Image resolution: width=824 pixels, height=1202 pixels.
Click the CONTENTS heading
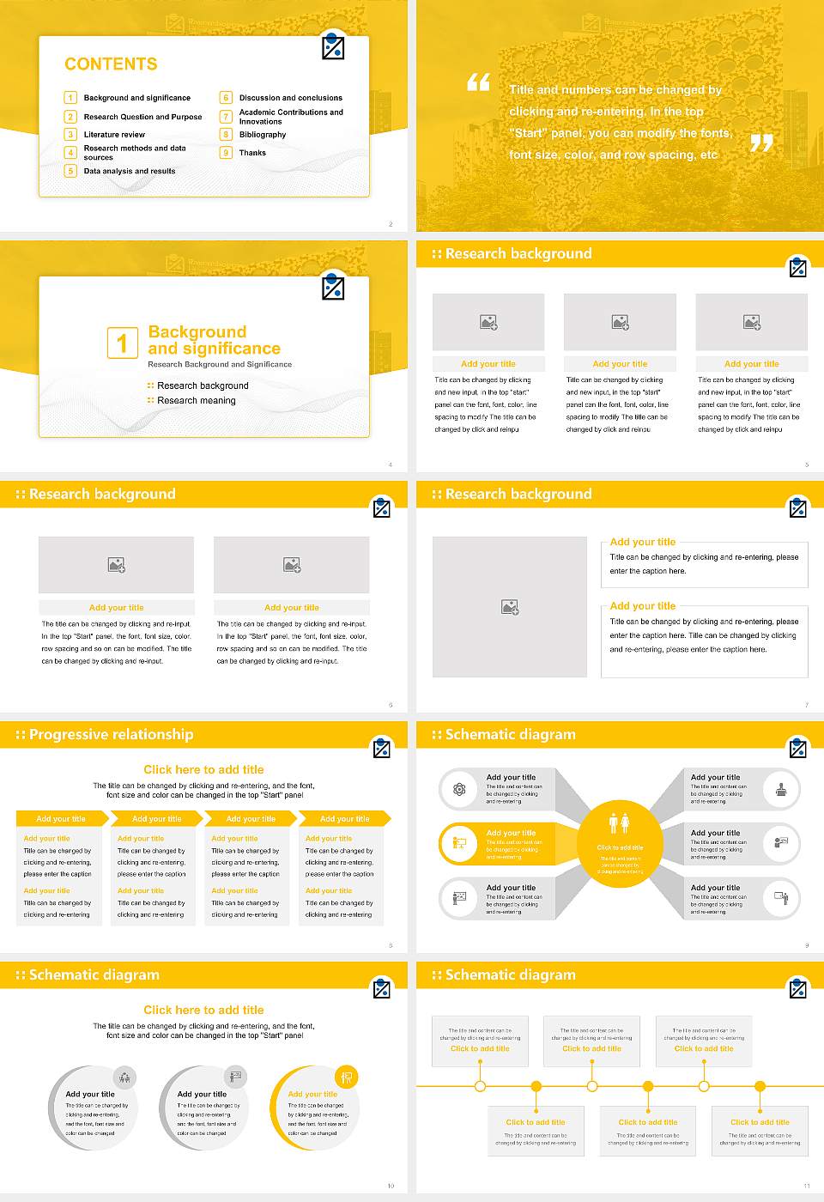[x=111, y=64]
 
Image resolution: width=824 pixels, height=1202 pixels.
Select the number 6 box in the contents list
[x=226, y=98]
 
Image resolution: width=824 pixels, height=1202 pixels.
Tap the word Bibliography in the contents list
[x=263, y=135]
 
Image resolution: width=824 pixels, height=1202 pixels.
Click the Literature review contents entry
[x=114, y=135]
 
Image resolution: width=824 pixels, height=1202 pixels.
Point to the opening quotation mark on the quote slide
[x=478, y=82]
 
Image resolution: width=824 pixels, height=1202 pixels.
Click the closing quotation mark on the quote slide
[x=760, y=143]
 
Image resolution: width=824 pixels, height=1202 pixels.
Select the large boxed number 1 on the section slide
[x=122, y=343]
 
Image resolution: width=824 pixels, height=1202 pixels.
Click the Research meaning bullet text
[x=196, y=401]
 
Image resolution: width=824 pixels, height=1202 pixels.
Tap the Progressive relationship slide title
[x=111, y=735]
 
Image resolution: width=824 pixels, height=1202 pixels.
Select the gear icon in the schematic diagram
[x=459, y=790]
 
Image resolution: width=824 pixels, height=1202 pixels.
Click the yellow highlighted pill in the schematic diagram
[x=498, y=844]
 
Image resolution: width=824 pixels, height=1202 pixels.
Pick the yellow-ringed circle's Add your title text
[x=312, y=1094]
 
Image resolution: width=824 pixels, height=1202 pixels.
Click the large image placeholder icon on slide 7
[x=510, y=607]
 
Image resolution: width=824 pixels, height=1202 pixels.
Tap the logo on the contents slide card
[x=333, y=47]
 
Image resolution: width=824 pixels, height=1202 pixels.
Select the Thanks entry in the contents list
[x=252, y=153]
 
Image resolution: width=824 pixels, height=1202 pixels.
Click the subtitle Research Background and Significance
[x=220, y=364]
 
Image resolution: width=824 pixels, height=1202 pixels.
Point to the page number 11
[x=806, y=1186]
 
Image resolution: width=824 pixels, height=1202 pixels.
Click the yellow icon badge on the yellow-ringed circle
[x=347, y=1077]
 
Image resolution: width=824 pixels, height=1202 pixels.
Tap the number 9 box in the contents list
[x=226, y=153]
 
